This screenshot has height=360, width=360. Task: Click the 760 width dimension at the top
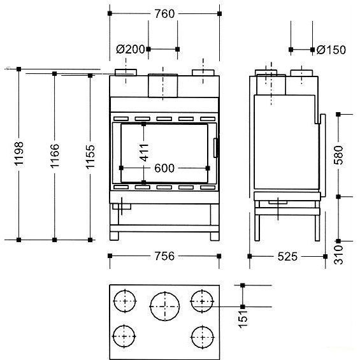coord(164,14)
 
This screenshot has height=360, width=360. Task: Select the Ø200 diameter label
coord(131,49)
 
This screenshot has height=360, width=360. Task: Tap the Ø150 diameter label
coord(331,50)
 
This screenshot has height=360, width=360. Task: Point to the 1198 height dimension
coord(19,154)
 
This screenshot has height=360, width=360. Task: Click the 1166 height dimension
coord(55,156)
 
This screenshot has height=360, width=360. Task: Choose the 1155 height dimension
coord(90,157)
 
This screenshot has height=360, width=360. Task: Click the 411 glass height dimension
coord(144,152)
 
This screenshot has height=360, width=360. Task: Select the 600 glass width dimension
coord(164,168)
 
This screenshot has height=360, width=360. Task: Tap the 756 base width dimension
coord(164,256)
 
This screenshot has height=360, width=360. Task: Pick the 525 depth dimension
coord(287,256)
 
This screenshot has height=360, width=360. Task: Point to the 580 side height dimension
coord(338,155)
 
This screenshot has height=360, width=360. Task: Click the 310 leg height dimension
coord(338,255)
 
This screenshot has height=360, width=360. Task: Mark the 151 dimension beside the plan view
coord(243,319)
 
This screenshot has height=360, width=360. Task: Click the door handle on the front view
coord(216,148)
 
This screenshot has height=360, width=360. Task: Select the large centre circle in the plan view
coord(165,306)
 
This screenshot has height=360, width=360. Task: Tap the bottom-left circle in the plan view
coord(124,336)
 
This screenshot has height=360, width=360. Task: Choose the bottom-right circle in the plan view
coord(202,337)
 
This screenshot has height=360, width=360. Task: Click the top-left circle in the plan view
coord(125,301)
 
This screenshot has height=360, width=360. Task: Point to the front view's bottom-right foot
coord(215,236)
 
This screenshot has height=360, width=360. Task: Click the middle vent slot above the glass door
coord(164,119)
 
